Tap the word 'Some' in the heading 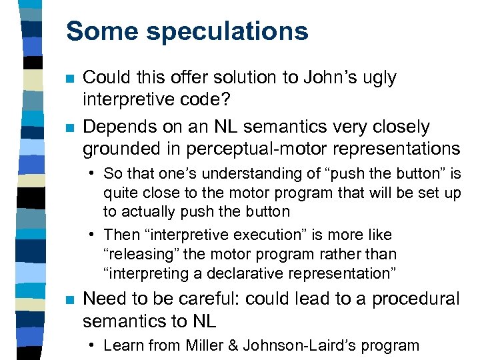101,31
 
